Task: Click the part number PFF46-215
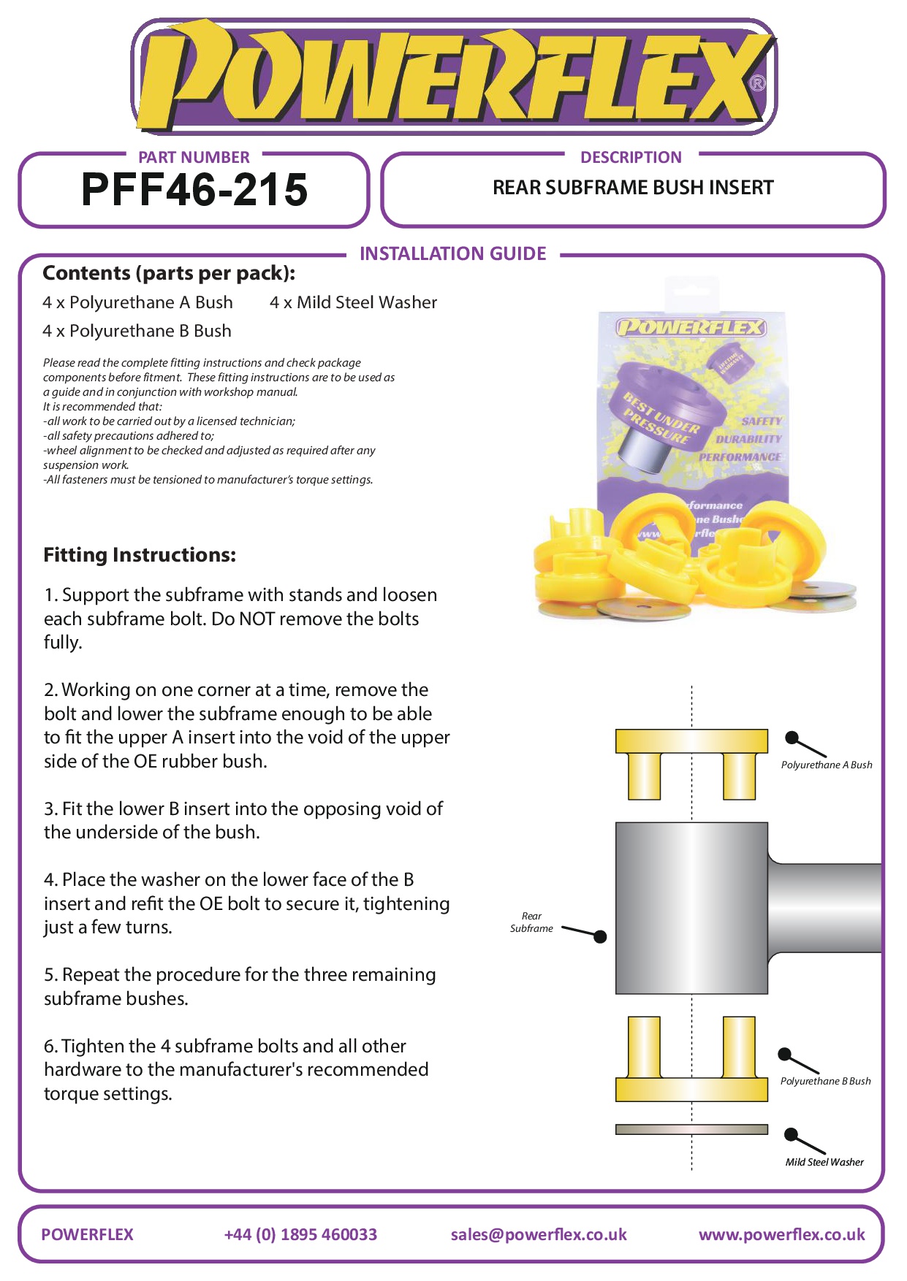[x=194, y=190]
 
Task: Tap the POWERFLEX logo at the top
[x=453, y=77]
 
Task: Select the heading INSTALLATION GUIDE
[x=452, y=253]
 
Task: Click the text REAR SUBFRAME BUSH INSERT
[x=633, y=188]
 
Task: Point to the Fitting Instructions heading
[x=140, y=555]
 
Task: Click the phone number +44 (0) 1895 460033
[x=300, y=1234]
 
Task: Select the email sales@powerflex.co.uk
[x=539, y=1234]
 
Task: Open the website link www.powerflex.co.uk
[x=781, y=1234]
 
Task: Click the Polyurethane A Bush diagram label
[x=827, y=765]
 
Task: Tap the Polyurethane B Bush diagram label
[x=825, y=1081]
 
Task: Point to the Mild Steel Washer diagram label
[x=824, y=1162]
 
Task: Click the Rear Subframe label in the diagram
[x=531, y=922]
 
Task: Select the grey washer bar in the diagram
[x=691, y=1129]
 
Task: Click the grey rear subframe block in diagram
[x=691, y=908]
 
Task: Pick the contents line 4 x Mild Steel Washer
[x=353, y=302]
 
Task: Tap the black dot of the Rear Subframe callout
[x=600, y=937]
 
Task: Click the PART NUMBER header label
[x=194, y=157]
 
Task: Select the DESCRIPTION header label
[x=631, y=157]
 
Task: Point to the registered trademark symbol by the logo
[x=758, y=83]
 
